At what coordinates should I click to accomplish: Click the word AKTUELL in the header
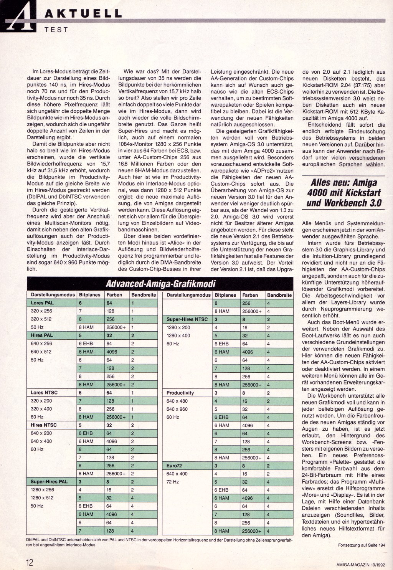click(83, 14)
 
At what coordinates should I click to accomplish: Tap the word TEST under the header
click(56, 29)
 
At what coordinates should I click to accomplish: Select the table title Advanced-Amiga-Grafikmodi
click(160, 284)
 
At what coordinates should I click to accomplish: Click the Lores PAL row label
click(43, 303)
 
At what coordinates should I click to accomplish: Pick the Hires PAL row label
click(42, 335)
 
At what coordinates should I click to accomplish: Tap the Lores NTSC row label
click(44, 393)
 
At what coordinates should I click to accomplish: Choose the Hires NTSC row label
click(44, 425)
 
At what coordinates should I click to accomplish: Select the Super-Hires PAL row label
click(49, 482)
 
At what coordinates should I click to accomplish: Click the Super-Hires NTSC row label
click(187, 319)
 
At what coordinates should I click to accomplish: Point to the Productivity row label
click(180, 393)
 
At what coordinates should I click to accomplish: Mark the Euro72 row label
click(174, 466)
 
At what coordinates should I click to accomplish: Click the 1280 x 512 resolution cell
click(42, 498)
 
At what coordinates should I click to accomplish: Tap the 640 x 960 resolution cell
click(177, 409)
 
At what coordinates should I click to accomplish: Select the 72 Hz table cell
click(172, 482)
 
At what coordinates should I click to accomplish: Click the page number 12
click(30, 562)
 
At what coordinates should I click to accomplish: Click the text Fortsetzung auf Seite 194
click(361, 545)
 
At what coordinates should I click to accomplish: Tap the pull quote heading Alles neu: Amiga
click(343, 182)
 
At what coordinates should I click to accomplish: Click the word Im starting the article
click(36, 72)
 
